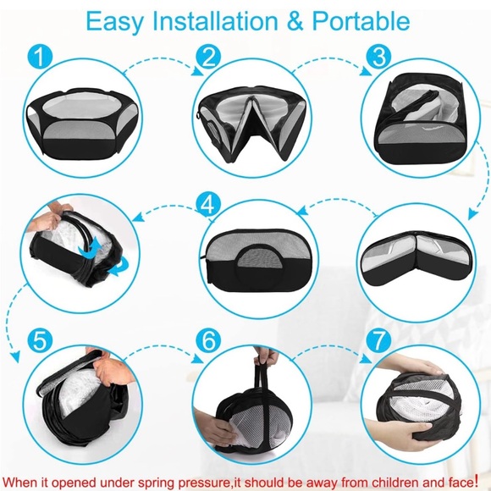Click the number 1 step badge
point(40,57)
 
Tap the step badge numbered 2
point(208,57)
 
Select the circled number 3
point(378,57)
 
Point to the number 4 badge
point(208,204)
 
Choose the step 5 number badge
point(40,340)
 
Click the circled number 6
point(208,340)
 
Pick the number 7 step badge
point(378,340)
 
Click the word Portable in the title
point(361,21)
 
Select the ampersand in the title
point(295,21)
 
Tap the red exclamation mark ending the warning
point(477,480)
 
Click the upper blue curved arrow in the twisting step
point(90,247)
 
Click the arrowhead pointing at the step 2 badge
point(197,71)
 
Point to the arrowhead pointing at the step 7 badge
point(366,359)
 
